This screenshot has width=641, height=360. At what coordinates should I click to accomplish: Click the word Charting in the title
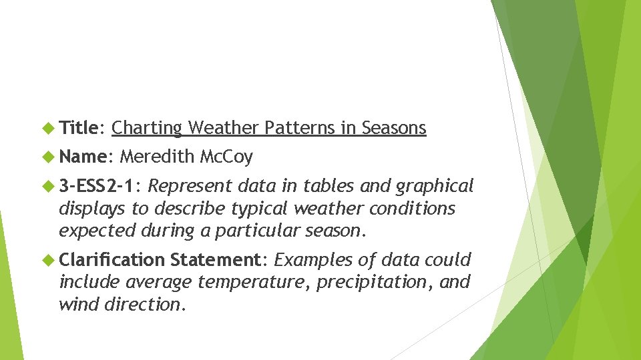(x=147, y=127)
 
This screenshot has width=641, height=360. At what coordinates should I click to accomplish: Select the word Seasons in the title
(x=394, y=127)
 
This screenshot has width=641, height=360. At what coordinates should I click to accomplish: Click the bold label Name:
(x=84, y=157)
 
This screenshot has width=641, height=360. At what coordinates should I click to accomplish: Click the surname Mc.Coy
(x=226, y=157)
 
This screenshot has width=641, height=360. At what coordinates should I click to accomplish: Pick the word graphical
(x=435, y=186)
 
